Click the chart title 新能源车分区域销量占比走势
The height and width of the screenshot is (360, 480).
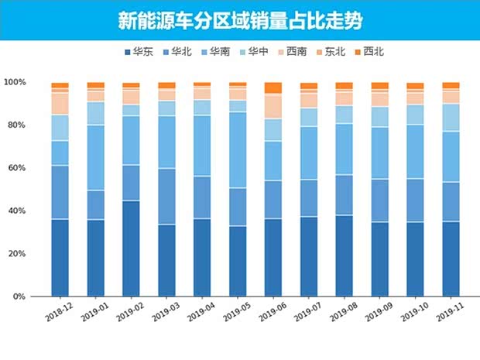pyautogui.click(x=239, y=19)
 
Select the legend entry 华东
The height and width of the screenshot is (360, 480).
pyautogui.click(x=137, y=53)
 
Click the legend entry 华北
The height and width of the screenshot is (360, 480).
pyautogui.click(x=177, y=53)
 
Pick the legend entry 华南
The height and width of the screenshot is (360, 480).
pyautogui.click(x=215, y=53)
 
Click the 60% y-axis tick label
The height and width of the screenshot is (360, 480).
pyautogui.click(x=17, y=168)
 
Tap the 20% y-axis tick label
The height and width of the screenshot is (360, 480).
pyautogui.click(x=17, y=254)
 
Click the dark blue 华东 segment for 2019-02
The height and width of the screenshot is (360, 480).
pyautogui.click(x=131, y=248)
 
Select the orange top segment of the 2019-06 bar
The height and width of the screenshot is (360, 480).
pyautogui.click(x=273, y=87)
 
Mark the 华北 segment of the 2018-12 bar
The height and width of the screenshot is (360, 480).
pyautogui.click(x=60, y=192)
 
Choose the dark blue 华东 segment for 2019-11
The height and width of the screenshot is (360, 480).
pyautogui.click(x=451, y=259)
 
